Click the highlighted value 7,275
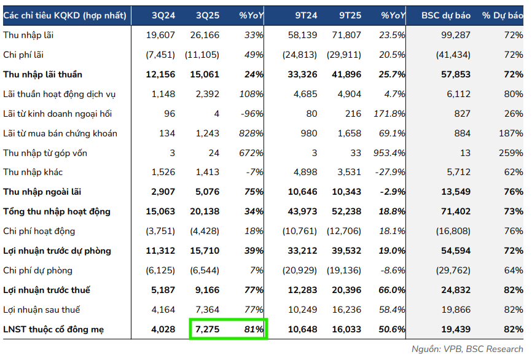click(x=206, y=330)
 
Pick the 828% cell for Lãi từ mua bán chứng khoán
click(x=251, y=133)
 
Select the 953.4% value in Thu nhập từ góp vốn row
click(x=389, y=153)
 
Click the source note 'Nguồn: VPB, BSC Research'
click(x=467, y=349)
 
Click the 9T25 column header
click(x=348, y=15)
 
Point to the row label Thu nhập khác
click(x=33, y=173)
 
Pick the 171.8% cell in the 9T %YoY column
click(x=389, y=114)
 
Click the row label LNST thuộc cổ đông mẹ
click(x=53, y=330)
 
